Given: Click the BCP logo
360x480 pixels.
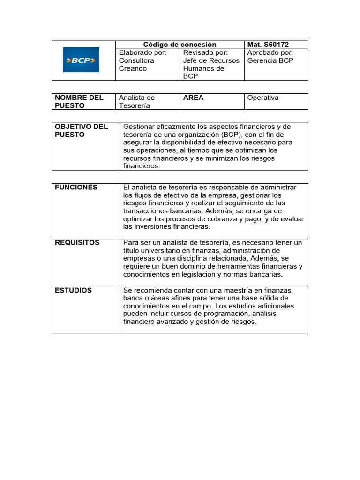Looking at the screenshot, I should [81, 60].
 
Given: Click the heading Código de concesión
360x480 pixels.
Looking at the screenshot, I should [180, 45].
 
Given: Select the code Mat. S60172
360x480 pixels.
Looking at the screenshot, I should [268, 45].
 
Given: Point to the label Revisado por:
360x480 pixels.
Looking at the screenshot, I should [205, 52].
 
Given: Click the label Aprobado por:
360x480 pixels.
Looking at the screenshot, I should [270, 52].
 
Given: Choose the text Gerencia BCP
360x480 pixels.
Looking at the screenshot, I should [270, 60].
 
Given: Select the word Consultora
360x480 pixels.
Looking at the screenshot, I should [136, 60].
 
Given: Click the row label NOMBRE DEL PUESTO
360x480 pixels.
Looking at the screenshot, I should [79, 101].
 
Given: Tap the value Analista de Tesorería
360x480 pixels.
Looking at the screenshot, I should [136, 101].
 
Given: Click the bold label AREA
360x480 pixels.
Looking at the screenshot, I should [193, 97].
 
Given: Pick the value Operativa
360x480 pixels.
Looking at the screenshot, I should [262, 97].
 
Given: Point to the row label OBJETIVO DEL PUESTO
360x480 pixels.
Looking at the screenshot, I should [81, 130].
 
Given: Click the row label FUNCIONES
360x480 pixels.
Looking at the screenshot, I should [76, 187].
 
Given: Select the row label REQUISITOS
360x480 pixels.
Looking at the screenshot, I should [77, 242].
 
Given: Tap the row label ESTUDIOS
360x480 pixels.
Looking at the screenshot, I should [73, 290].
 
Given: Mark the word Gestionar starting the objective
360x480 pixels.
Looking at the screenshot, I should [139, 127].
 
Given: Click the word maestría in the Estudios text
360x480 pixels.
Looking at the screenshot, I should [234, 290].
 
